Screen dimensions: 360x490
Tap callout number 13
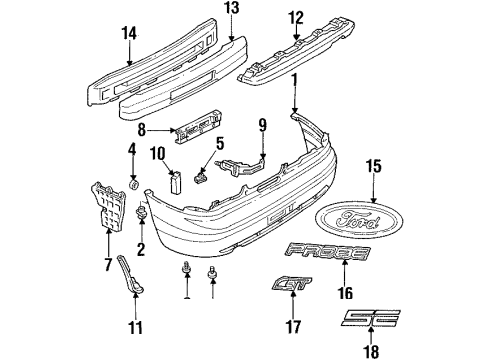coord(232,8)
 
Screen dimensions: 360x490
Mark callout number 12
coord(295,16)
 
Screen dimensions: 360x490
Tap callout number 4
coord(131,150)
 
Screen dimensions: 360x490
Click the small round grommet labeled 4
coord(133,184)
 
